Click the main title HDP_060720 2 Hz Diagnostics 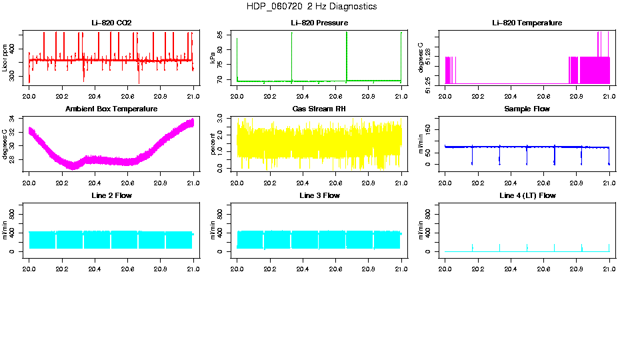coord(311,7)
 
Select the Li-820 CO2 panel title coord(111,23)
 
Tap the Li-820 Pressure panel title coord(319,23)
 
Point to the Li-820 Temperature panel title coord(527,23)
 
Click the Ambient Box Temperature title coord(111,109)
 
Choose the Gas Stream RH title coord(319,109)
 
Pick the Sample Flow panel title coord(527,109)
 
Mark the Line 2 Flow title coord(111,195)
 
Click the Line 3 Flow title coord(319,195)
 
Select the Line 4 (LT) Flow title coord(527,195)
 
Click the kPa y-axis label coord(213,58)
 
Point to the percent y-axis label coord(213,143)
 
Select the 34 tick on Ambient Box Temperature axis coord(14,119)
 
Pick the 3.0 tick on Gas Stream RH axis coord(222,117)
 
